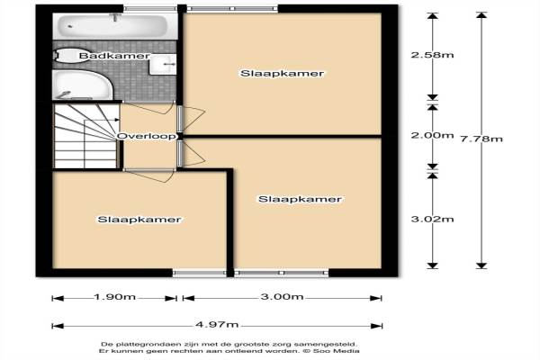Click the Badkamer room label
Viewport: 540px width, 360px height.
click(x=114, y=56)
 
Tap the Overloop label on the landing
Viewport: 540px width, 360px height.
click(x=147, y=136)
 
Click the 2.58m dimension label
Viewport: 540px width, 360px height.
click(x=432, y=55)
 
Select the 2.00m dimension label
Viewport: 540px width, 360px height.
click(x=432, y=135)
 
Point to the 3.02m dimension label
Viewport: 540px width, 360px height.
click(x=432, y=219)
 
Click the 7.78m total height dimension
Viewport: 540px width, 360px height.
click(x=481, y=139)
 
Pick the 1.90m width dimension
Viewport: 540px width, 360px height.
click(x=114, y=297)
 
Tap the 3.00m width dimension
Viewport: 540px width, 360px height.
click(x=282, y=297)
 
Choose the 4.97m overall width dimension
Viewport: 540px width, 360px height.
click(x=217, y=324)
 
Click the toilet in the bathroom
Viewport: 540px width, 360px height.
click(x=68, y=56)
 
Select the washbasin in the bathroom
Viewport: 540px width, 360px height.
click(x=163, y=64)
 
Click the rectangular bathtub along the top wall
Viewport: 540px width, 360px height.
click(x=114, y=26)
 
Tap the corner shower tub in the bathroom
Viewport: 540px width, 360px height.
click(x=83, y=85)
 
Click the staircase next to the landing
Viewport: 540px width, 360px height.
click(x=86, y=136)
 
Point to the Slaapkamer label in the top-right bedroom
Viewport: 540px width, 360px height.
click(x=282, y=74)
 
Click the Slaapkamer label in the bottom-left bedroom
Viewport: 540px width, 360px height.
click(x=139, y=220)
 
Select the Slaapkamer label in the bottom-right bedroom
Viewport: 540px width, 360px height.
click(x=300, y=199)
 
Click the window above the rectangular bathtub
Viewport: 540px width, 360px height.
click(x=149, y=8)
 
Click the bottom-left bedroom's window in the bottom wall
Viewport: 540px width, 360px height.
click(x=200, y=274)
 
